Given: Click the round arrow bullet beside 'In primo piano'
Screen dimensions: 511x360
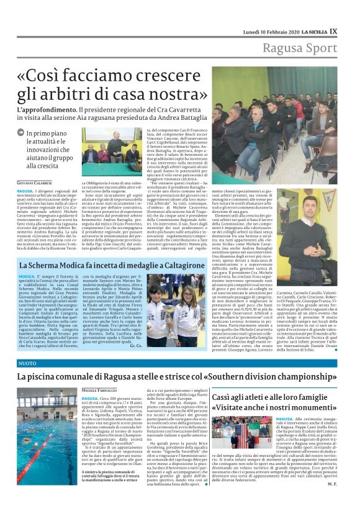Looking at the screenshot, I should pos(22,133).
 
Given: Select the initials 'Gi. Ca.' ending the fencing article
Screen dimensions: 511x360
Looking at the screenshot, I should pos(136,345).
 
